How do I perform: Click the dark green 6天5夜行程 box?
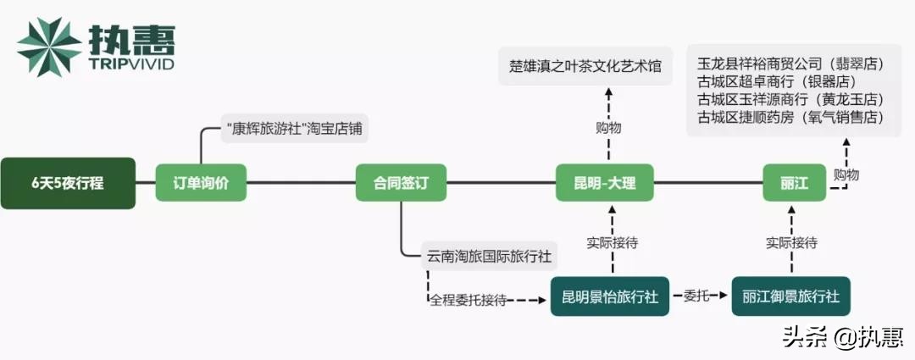(68, 183)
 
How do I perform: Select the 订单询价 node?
(200, 183)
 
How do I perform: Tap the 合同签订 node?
(401, 183)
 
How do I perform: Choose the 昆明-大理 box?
(604, 183)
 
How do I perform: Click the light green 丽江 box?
(794, 183)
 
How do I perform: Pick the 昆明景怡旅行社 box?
(609, 296)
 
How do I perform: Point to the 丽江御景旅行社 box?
(790, 296)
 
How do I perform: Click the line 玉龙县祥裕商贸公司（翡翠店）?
(790, 64)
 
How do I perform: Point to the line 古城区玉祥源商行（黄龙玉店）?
(790, 99)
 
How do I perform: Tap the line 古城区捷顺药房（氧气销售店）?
(790, 117)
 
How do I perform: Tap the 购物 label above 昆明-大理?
(608, 128)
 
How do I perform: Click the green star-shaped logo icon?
(49, 47)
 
